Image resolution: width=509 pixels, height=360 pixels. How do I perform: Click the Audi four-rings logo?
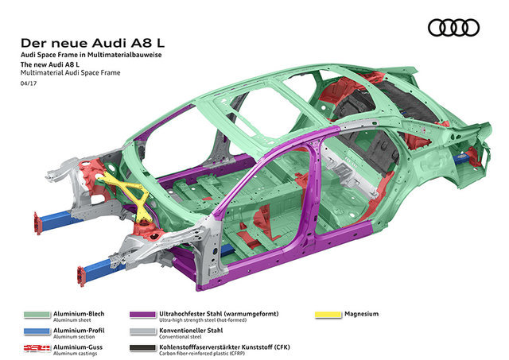(453, 28)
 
